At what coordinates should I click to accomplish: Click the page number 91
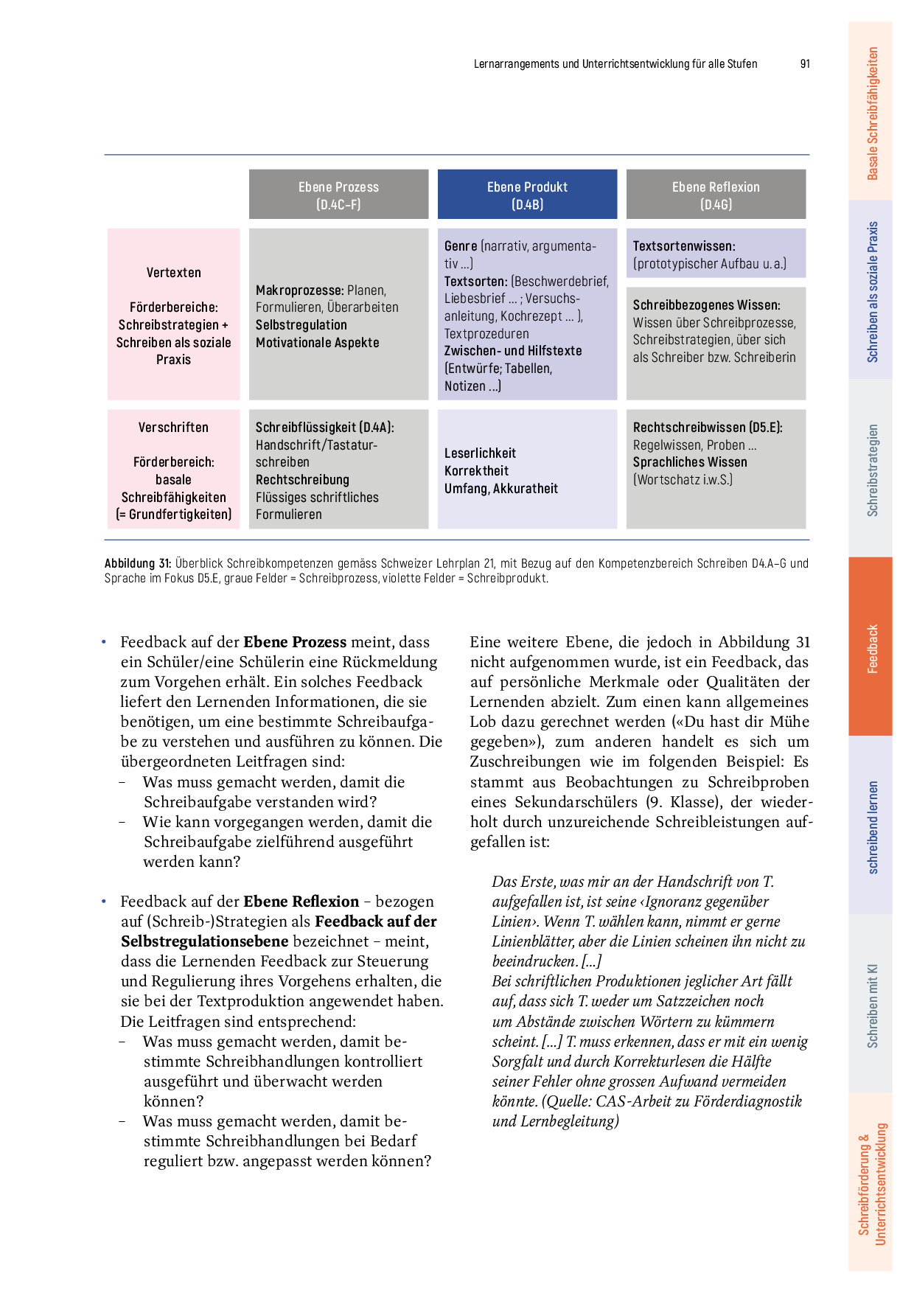(x=805, y=64)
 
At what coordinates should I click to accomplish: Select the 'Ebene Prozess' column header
(x=338, y=195)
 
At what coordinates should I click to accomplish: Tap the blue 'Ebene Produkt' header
(x=527, y=195)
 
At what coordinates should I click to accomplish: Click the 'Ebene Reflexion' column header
(x=716, y=195)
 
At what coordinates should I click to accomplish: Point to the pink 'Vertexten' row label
(x=173, y=273)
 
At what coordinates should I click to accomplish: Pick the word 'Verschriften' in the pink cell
(x=173, y=428)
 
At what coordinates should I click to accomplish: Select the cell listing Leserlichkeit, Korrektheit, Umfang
(x=527, y=470)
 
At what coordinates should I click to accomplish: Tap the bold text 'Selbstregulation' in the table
(x=301, y=325)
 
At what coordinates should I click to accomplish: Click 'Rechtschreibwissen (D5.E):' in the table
(x=708, y=428)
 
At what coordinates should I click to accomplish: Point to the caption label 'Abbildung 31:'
(x=138, y=564)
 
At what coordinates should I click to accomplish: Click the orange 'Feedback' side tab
(x=871, y=648)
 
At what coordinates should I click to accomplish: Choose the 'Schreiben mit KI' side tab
(x=871, y=1005)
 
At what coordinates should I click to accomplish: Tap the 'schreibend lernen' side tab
(x=871, y=826)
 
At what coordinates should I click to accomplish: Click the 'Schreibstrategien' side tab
(x=871, y=470)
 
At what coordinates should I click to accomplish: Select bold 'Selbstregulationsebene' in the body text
(x=204, y=941)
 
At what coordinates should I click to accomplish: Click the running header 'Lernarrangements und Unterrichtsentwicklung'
(x=615, y=64)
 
